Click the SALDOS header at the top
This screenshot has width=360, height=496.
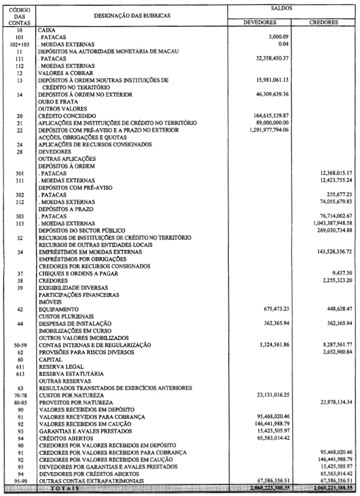click(282, 10)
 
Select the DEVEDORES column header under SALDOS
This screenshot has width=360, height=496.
click(260, 23)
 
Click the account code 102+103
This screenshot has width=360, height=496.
click(20, 45)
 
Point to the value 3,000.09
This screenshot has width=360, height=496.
click(276, 37)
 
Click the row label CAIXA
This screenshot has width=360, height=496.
click(46, 29)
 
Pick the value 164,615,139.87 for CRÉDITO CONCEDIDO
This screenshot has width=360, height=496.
click(265, 115)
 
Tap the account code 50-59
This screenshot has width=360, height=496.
click(20, 345)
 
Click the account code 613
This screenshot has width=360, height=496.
click(20, 374)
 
